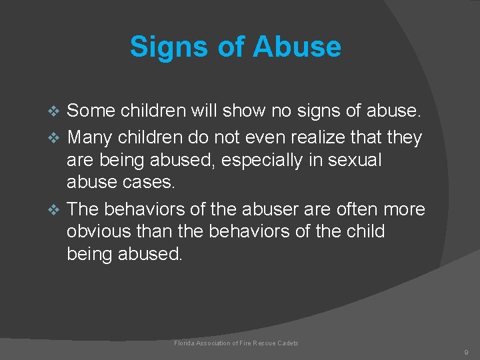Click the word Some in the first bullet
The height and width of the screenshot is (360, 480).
91,109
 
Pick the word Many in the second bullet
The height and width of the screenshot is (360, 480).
90,138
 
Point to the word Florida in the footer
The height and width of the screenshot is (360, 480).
185,343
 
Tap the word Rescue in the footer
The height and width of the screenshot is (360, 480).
261,343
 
